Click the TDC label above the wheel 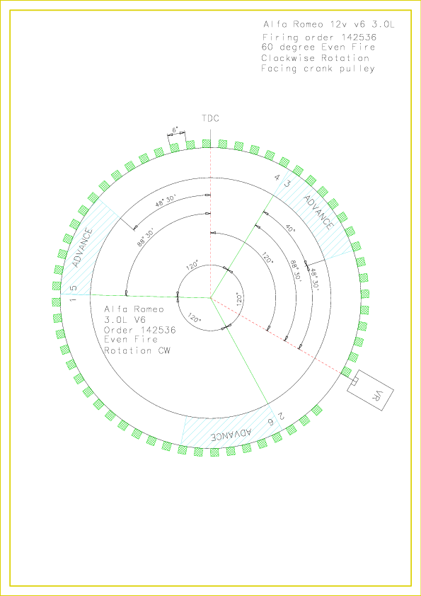pos(211,118)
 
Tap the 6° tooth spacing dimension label pos(175,130)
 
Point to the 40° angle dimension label pos(291,229)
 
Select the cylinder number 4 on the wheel pos(277,177)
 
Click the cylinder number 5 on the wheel pos(74,288)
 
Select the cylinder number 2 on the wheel pos(281,416)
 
